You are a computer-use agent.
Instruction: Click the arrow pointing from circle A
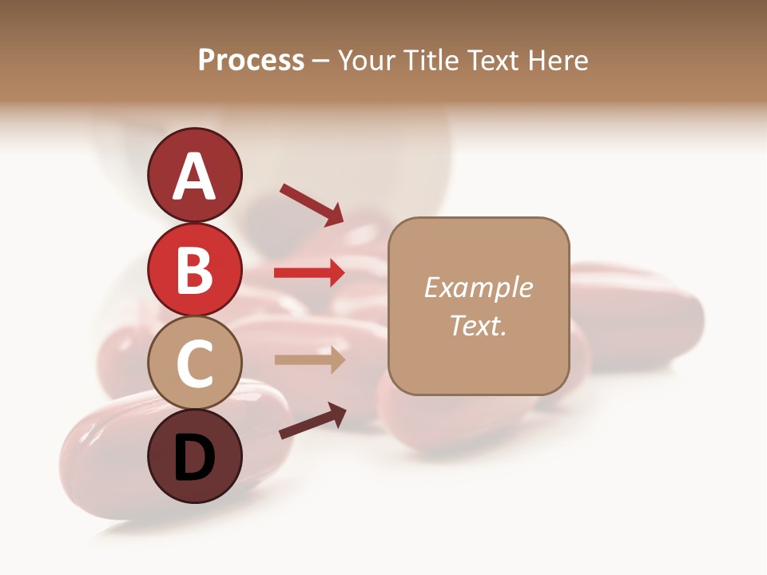click(311, 204)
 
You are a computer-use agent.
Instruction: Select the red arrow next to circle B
click(309, 273)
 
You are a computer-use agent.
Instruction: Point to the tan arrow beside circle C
click(309, 360)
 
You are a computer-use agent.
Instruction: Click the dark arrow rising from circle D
click(312, 421)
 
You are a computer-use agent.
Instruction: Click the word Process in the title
click(251, 61)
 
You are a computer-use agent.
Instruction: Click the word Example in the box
click(478, 287)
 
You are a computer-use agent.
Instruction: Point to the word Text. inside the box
click(478, 325)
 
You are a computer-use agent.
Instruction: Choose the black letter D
click(194, 458)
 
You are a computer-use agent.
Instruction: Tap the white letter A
click(194, 177)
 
